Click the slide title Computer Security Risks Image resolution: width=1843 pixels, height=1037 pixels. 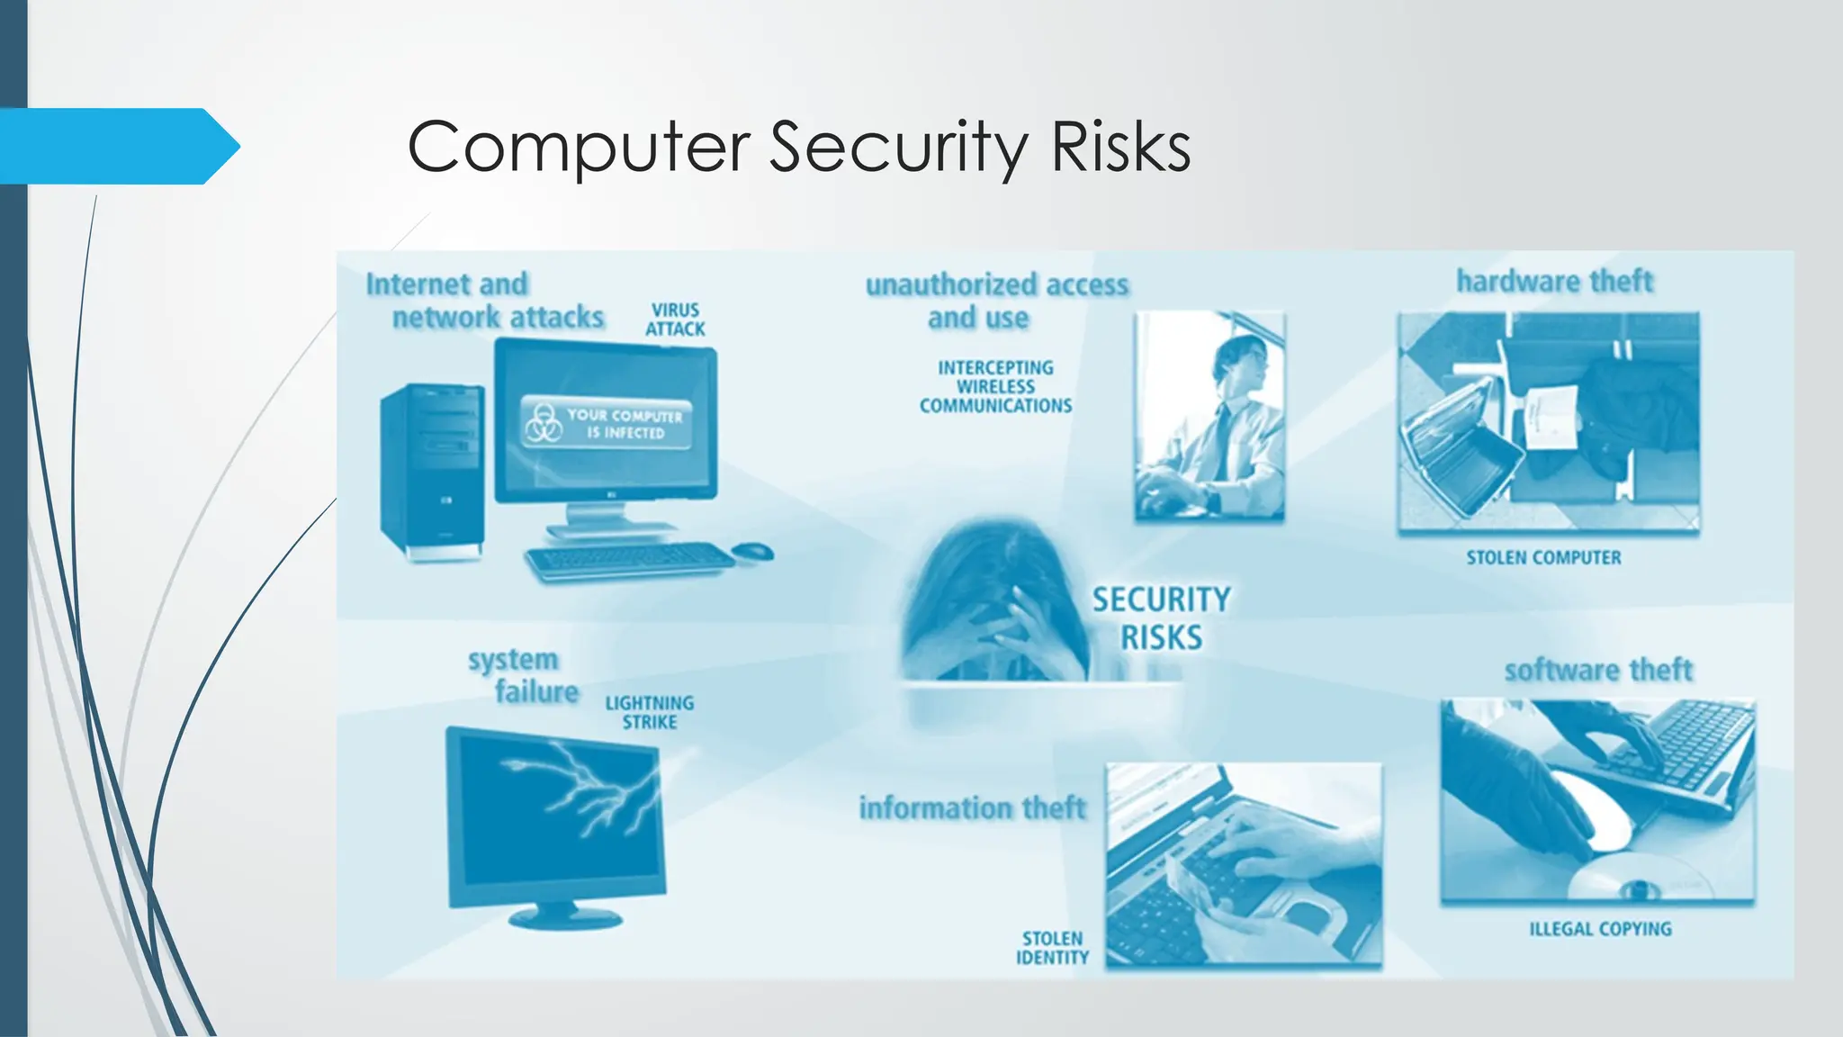799,147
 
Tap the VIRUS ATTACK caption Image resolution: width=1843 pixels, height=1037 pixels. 675,320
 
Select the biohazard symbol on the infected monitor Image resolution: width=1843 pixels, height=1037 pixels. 544,423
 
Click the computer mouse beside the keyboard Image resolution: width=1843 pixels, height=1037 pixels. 753,550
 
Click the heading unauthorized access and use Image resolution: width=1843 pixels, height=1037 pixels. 996,301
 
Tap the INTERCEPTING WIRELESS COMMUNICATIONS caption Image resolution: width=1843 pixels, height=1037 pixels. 995,387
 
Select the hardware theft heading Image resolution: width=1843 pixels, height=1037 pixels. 1554,281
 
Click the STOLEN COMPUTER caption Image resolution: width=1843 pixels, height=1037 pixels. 1543,558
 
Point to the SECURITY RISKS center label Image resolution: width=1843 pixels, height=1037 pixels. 1161,618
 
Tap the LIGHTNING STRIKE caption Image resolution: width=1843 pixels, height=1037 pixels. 649,712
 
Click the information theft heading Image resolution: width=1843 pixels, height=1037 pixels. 972,808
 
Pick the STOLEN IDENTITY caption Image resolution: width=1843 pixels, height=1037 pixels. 1052,948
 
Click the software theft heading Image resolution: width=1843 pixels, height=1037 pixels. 1598,671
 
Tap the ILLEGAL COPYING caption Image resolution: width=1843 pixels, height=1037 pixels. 1600,929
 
